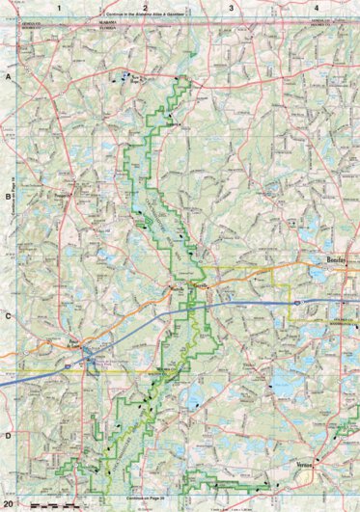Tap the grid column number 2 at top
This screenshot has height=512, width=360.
pyautogui.click(x=144, y=7)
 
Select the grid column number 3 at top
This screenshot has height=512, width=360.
pyautogui.click(x=231, y=7)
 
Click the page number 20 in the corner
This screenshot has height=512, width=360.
pyautogui.click(x=9, y=504)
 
